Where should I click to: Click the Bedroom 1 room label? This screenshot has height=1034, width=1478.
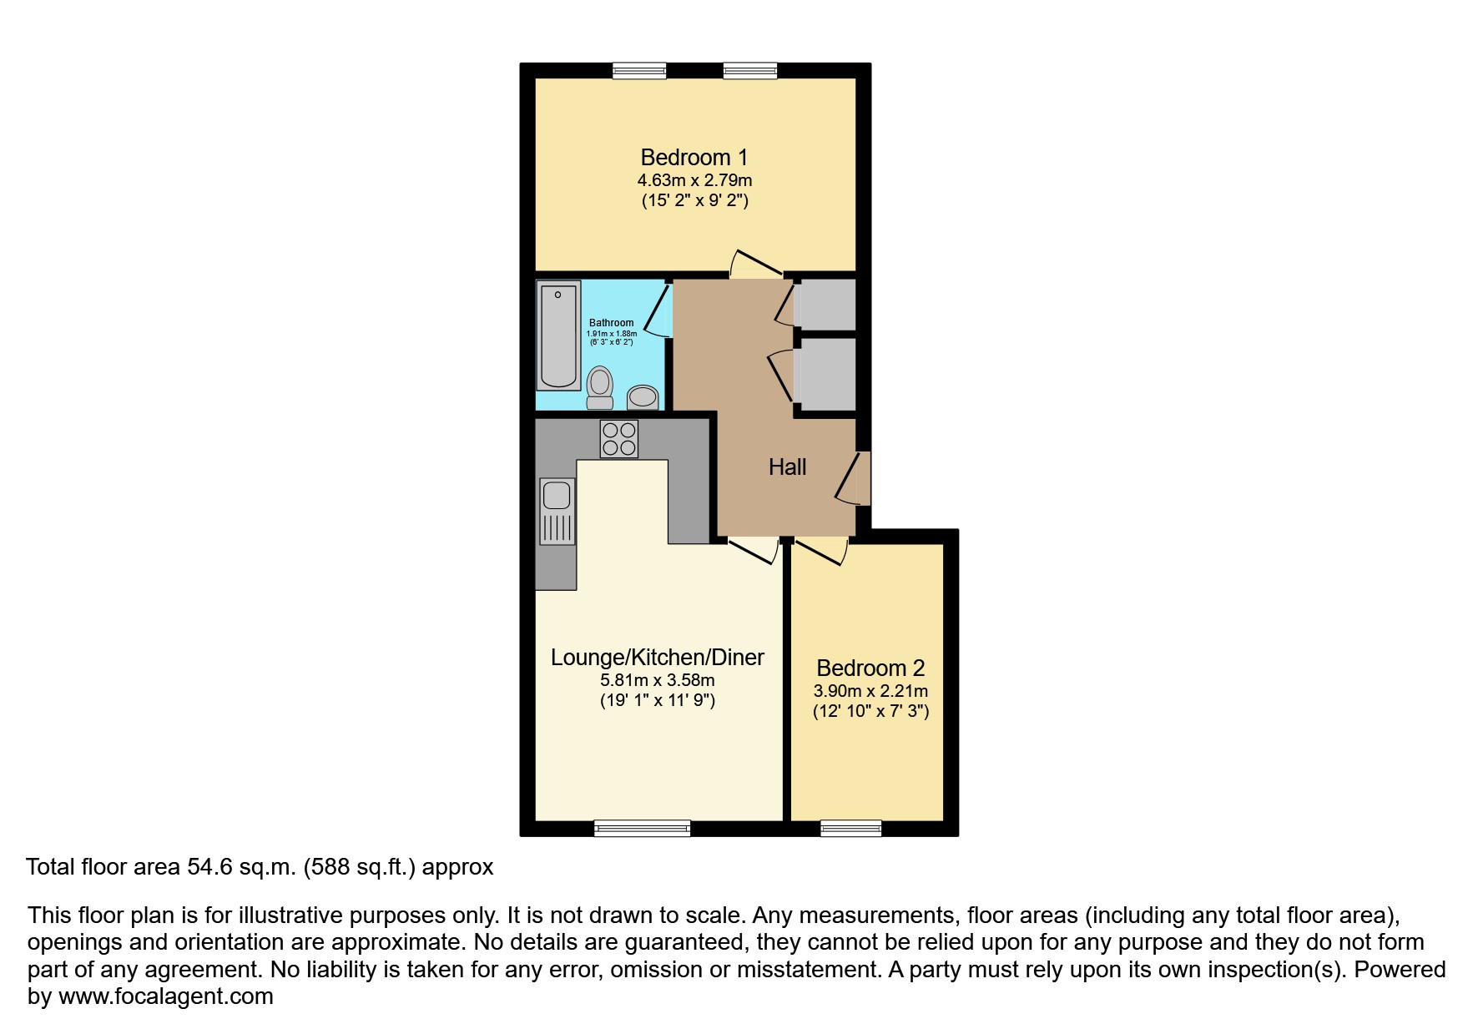694,157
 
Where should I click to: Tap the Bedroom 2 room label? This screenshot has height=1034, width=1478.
870,668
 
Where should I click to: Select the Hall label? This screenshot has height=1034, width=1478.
787,467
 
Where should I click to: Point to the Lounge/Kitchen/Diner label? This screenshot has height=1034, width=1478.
658,658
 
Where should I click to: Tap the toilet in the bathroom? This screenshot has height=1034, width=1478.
599,388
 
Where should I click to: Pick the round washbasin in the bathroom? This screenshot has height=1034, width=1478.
643,396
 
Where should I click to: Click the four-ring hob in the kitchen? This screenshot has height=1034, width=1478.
619,439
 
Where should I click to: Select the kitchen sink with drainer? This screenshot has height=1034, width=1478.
557,511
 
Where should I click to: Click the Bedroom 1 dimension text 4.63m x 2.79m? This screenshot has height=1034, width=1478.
694,180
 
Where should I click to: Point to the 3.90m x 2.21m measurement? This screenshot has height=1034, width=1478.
870,691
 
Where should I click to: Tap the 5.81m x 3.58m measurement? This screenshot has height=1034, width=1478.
658,680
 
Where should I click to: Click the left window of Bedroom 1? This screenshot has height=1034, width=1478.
639,71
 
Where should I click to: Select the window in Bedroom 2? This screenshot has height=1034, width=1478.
851,828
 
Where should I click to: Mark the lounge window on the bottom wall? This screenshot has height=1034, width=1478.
643,828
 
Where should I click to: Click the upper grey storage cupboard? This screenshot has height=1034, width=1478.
826,304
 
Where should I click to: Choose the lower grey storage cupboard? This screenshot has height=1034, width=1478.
826,374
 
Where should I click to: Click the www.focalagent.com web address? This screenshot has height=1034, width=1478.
166,996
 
